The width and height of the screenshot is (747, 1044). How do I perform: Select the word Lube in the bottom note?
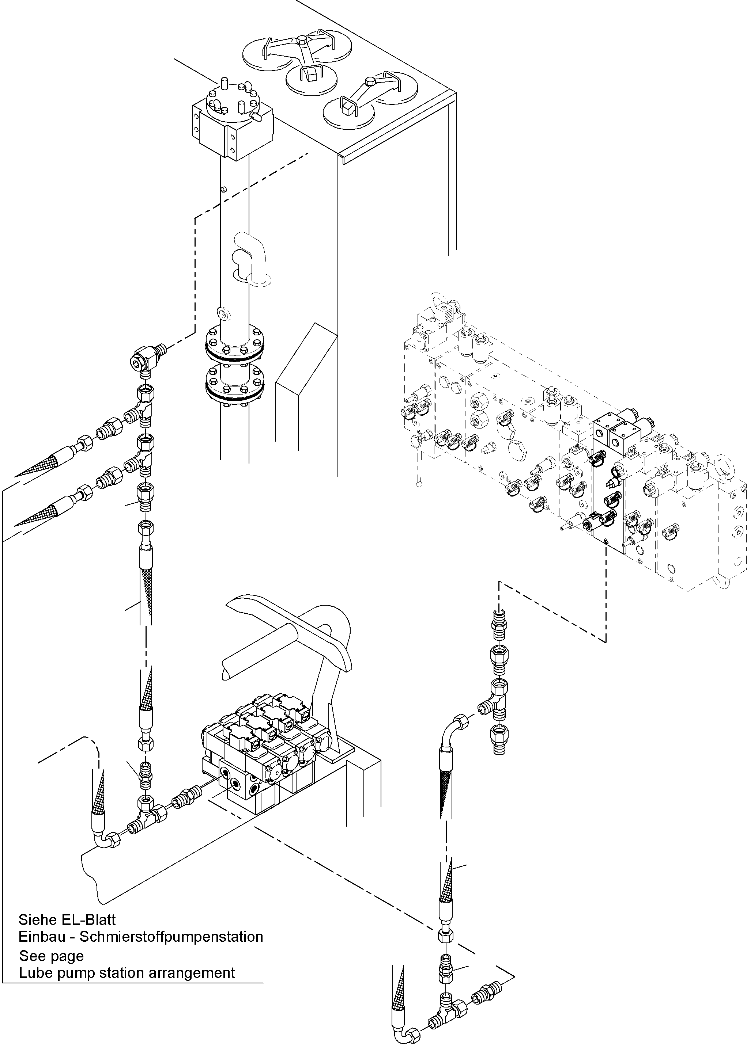tap(34, 973)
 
